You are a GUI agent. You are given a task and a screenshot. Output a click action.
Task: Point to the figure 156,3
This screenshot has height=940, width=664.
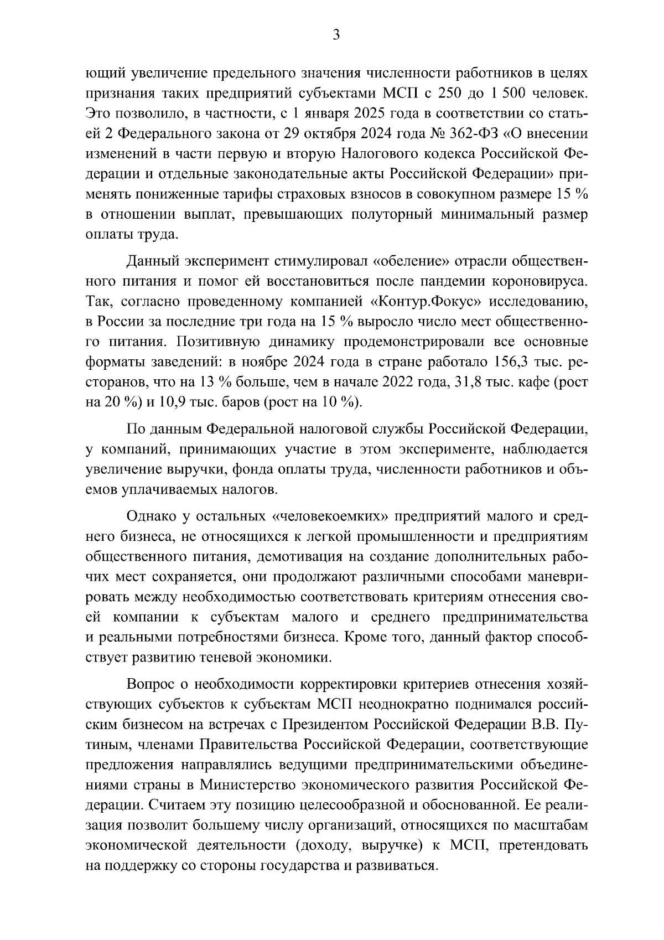pos(509,361)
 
